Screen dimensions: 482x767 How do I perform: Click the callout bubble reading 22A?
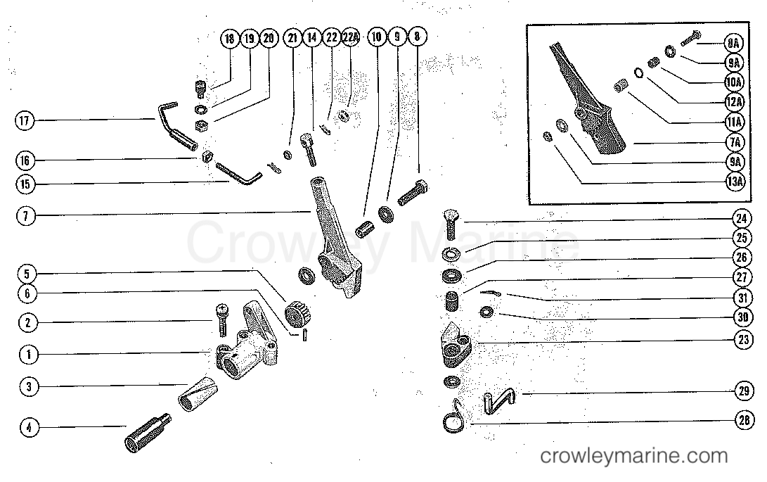coord(351,39)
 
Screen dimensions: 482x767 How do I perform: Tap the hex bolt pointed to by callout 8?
coord(411,194)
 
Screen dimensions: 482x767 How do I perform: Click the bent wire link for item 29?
coord(500,401)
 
